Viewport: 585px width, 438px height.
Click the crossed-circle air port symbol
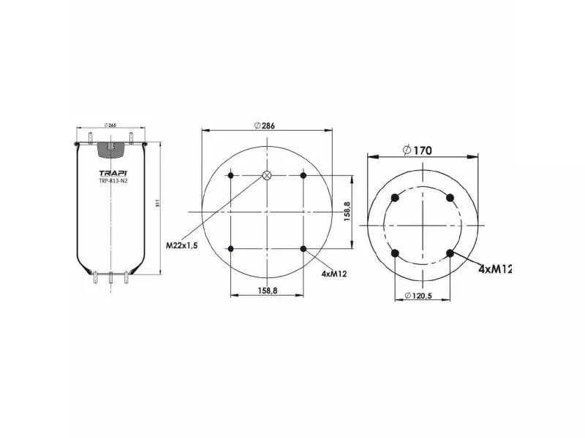[x=267, y=175]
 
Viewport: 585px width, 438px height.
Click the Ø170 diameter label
[x=418, y=150]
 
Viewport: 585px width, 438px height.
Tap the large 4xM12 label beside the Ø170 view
[x=494, y=269]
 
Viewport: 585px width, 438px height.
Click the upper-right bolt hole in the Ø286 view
[x=303, y=175]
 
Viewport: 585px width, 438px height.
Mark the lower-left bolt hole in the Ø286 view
[x=231, y=249]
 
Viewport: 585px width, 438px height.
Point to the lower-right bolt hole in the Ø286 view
[x=303, y=249]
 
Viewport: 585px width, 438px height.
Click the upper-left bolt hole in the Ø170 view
[x=396, y=197]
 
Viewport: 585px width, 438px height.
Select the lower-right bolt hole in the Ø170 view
[x=450, y=253]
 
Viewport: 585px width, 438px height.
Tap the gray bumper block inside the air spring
[x=111, y=149]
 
